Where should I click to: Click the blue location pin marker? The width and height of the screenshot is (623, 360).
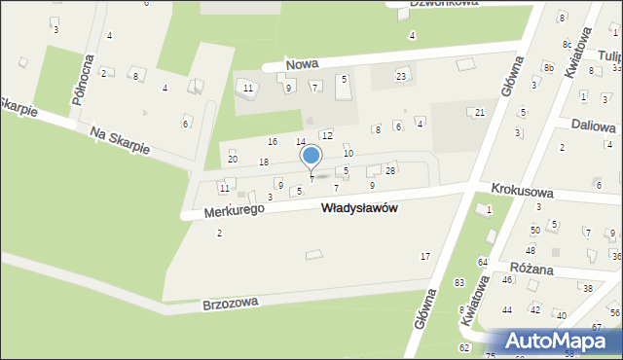(311, 158)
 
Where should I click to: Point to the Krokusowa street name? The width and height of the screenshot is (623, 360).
(523, 193)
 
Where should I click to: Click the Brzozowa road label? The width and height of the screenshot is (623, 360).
(231, 303)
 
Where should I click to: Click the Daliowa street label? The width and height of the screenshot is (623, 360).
(593, 126)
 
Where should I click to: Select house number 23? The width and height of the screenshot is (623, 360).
(400, 76)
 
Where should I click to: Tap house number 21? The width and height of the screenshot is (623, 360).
(480, 113)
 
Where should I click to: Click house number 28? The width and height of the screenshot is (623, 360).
(390, 170)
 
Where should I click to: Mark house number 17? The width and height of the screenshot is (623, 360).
(424, 256)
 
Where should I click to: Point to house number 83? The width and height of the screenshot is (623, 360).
(458, 282)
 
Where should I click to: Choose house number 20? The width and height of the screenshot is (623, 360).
(232, 159)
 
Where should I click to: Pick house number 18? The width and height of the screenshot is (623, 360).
(263, 162)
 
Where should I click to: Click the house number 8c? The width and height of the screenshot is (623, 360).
(567, 45)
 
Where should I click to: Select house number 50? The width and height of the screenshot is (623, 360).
(534, 230)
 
